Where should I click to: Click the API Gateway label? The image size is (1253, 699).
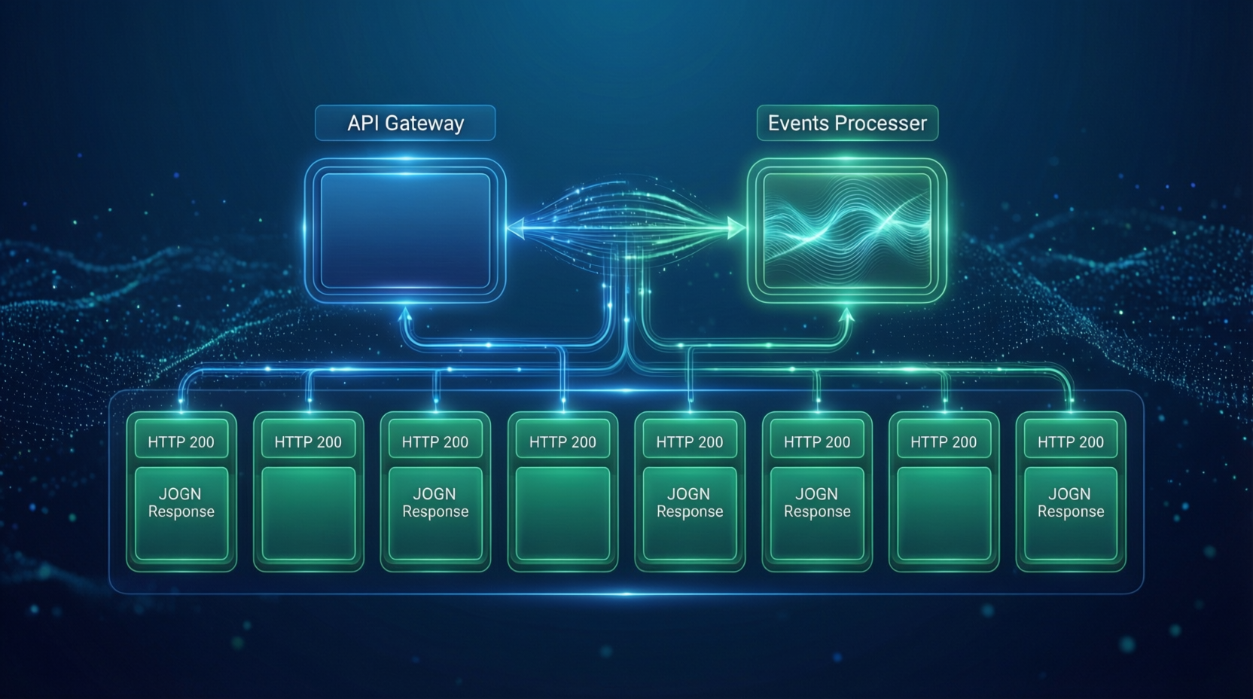pos(405,123)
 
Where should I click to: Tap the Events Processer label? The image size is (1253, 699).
pos(847,123)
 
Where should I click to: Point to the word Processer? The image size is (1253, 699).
pos(881,123)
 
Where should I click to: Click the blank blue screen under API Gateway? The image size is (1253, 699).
pos(405,230)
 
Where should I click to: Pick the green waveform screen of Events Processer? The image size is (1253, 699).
pos(847,230)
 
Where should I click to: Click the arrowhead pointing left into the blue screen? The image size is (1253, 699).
pos(516,227)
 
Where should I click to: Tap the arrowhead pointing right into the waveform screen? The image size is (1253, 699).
pos(735,227)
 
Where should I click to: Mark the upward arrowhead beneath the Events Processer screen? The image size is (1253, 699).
pos(846,315)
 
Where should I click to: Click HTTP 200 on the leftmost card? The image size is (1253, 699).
pos(181,442)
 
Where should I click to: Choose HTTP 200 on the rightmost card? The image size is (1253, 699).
pos(1071,442)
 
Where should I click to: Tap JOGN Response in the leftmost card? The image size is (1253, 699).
pos(181,502)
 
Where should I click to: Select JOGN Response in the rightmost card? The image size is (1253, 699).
pos(1071,502)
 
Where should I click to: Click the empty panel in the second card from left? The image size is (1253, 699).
pos(308,513)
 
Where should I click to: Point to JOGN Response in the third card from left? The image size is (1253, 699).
pos(435,502)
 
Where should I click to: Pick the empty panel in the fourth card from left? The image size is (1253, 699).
pos(562,513)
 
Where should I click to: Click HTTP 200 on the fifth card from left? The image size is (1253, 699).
pos(690,442)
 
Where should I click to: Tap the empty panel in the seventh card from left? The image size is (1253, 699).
pos(944,513)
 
